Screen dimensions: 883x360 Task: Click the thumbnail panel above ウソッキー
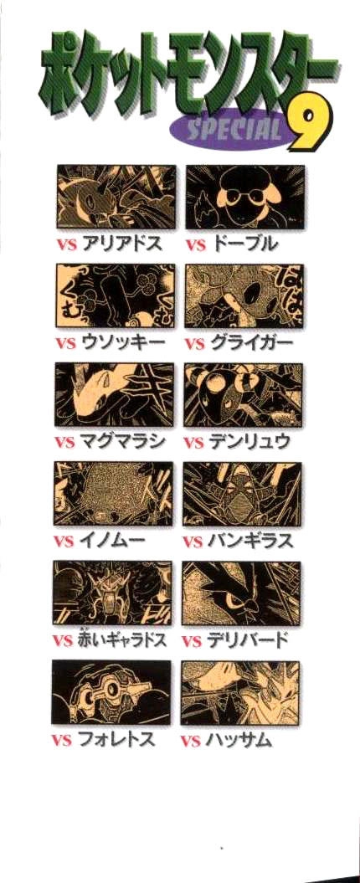click(x=114, y=296)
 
